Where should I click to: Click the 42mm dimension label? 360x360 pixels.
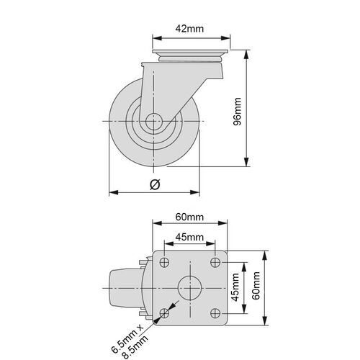click(x=189, y=29)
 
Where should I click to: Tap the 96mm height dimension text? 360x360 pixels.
click(x=258, y=109)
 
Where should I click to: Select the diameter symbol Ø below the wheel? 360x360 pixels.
click(x=154, y=184)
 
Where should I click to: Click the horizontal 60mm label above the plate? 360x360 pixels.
click(x=189, y=217)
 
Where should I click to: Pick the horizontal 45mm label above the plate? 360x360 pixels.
click(x=189, y=237)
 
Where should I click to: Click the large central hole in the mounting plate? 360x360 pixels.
click(x=190, y=287)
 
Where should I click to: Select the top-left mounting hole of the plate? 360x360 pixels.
click(x=165, y=262)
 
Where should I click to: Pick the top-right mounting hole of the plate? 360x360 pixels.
click(x=215, y=262)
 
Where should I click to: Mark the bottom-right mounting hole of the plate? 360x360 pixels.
click(x=215, y=312)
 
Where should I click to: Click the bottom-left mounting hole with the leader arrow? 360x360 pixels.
click(x=165, y=312)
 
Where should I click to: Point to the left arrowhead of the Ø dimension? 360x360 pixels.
click(x=112, y=192)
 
